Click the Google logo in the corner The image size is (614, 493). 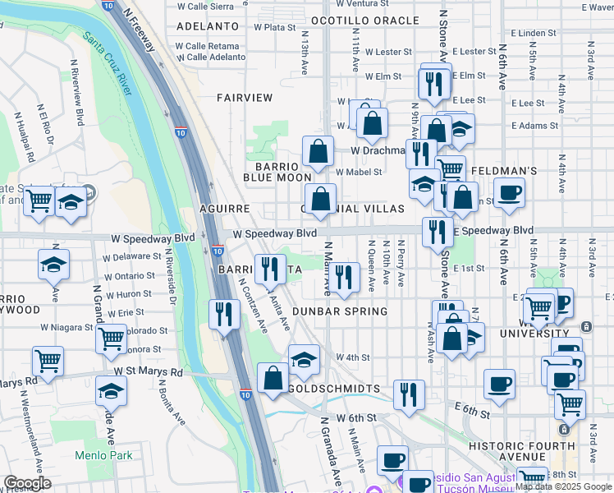[x=28, y=483]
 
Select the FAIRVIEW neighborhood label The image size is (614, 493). [x=245, y=98]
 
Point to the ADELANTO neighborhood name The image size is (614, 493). [x=206, y=26]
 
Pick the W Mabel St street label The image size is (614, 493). [x=360, y=172]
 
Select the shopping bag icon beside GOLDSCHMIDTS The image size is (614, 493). [x=273, y=377]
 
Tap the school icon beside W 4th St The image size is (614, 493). [x=304, y=358]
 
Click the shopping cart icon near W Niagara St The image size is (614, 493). [x=112, y=337]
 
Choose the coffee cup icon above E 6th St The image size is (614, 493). [x=500, y=382]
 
